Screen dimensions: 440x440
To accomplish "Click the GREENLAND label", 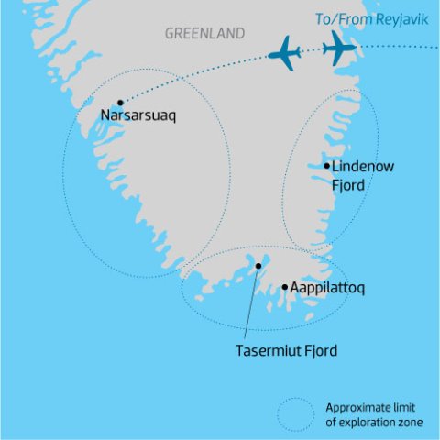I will click(x=204, y=34).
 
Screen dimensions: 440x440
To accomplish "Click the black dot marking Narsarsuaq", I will click(x=120, y=103).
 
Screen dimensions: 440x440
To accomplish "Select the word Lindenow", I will click(x=361, y=168).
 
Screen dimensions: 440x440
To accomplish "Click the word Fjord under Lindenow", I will click(x=349, y=185).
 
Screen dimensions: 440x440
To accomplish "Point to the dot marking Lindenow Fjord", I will click(x=327, y=166).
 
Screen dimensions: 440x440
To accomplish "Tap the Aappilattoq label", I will click(x=328, y=288).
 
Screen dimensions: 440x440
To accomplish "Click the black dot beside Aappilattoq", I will click(x=285, y=287).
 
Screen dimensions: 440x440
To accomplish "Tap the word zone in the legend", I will click(x=412, y=422).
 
